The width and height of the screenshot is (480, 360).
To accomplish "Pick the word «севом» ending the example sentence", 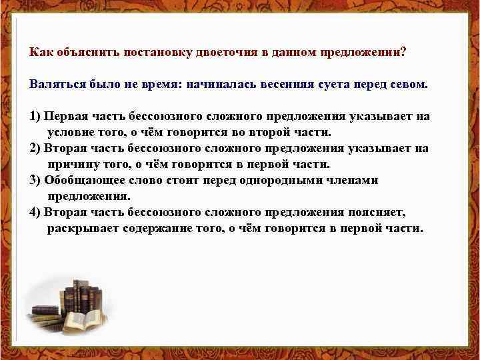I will tap(413, 85).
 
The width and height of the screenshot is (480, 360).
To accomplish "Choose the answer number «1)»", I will tap(35, 116).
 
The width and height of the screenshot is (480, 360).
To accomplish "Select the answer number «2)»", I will tap(35, 148).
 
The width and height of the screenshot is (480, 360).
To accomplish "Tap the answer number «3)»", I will tap(35, 180).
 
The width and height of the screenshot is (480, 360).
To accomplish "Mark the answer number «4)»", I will tap(35, 212).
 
